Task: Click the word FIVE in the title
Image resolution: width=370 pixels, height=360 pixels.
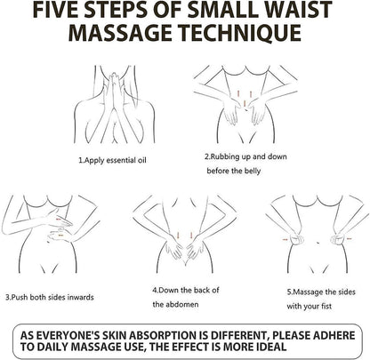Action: point(55,10)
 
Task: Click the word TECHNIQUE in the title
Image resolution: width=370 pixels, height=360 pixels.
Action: point(241,33)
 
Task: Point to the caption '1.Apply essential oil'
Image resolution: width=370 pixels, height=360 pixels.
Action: point(112,160)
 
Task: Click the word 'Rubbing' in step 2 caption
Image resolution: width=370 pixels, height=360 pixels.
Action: point(225,156)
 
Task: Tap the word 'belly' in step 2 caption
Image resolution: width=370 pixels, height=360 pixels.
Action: point(253,171)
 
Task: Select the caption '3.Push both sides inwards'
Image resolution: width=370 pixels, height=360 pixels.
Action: point(50,297)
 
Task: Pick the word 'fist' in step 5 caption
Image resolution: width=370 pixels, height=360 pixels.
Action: point(326,306)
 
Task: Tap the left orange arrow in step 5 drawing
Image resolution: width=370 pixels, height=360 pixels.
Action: point(286,239)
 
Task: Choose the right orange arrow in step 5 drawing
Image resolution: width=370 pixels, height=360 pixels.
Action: point(349,238)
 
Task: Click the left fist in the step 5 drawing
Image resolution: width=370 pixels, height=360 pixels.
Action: point(297,239)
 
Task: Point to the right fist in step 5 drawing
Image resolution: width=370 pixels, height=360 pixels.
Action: point(338,239)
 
